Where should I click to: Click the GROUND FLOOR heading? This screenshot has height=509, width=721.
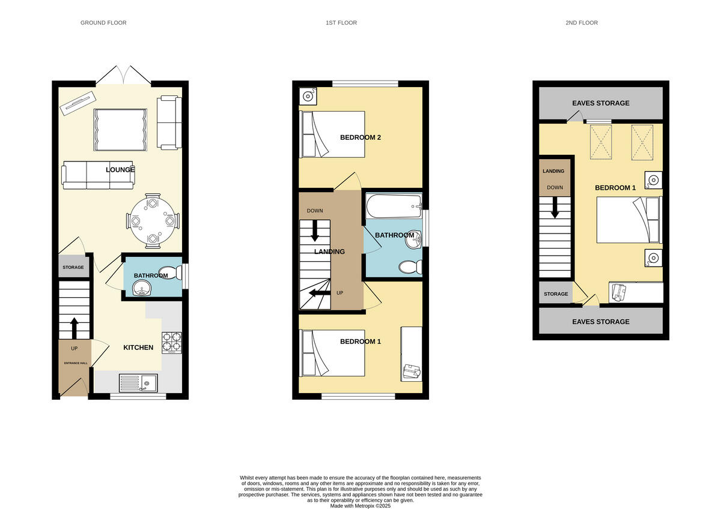point(103,23)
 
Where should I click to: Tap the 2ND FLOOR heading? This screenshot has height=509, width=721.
point(581,23)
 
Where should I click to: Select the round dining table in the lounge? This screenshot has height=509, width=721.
point(153,221)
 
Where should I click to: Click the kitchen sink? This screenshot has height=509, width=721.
point(138,382)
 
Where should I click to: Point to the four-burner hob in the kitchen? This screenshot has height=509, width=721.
point(171,342)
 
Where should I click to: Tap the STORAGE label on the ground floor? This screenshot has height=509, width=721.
point(73,267)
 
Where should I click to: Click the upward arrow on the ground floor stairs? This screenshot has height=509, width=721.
point(74,328)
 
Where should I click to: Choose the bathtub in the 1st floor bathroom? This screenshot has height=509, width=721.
point(393,207)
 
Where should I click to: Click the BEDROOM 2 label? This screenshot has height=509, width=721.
point(360,137)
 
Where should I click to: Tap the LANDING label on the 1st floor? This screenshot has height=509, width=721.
point(329,251)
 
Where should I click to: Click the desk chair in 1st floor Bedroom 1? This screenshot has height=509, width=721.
point(412,372)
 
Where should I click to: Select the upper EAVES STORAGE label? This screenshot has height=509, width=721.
point(601,103)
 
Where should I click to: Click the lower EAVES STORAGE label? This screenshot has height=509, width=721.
point(601,322)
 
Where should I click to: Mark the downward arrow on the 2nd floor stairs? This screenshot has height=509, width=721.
point(555,207)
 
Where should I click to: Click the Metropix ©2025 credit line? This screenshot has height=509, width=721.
point(360,506)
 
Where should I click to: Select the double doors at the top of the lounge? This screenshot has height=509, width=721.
point(124,75)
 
